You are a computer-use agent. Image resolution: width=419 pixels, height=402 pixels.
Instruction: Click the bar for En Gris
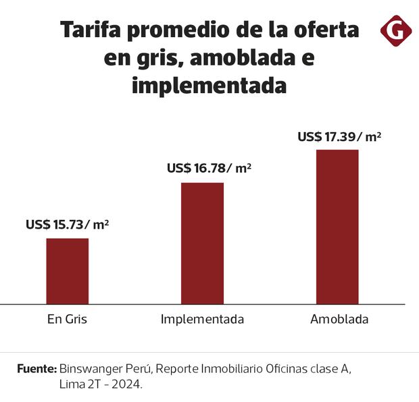pyautogui.click(x=67, y=270)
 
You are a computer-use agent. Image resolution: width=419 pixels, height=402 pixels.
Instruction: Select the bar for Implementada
pyautogui.click(x=202, y=243)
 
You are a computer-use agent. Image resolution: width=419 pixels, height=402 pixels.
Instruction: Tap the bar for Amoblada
pyautogui.click(x=337, y=226)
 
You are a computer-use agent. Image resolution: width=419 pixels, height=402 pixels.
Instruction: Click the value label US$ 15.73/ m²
pyautogui.click(x=67, y=225)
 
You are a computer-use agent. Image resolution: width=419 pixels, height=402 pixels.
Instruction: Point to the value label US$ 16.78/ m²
pyautogui.click(x=209, y=169)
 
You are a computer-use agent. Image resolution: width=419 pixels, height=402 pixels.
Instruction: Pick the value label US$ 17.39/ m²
pyautogui.click(x=339, y=137)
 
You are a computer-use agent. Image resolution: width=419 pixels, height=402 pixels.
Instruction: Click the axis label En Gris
pyautogui.click(x=67, y=319)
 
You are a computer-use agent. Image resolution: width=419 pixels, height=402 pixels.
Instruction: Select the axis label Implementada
pyautogui.click(x=202, y=319)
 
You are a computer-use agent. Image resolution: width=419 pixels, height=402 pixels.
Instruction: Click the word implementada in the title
pyautogui.click(x=209, y=87)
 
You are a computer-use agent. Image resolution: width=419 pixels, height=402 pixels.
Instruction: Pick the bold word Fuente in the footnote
pyautogui.click(x=36, y=370)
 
